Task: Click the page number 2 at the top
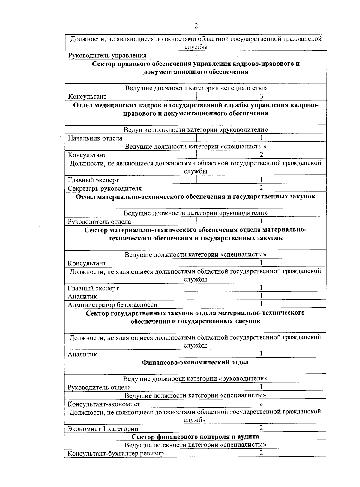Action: click(x=196, y=26)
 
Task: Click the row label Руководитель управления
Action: click(x=107, y=56)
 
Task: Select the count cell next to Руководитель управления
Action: click(x=262, y=55)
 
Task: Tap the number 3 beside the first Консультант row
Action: click(x=262, y=96)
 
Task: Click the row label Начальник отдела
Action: click(x=95, y=138)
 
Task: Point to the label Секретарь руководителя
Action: click(x=105, y=189)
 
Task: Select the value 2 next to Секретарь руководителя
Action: click(x=261, y=188)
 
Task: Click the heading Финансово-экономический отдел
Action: click(x=195, y=362)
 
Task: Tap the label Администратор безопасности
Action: click(x=112, y=305)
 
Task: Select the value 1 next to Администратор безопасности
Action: click(x=261, y=304)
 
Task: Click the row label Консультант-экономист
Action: click(x=104, y=404)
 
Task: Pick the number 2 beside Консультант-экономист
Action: click(x=261, y=404)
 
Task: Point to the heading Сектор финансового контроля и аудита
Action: click(x=195, y=437)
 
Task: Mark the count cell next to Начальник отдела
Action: click(x=262, y=138)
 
